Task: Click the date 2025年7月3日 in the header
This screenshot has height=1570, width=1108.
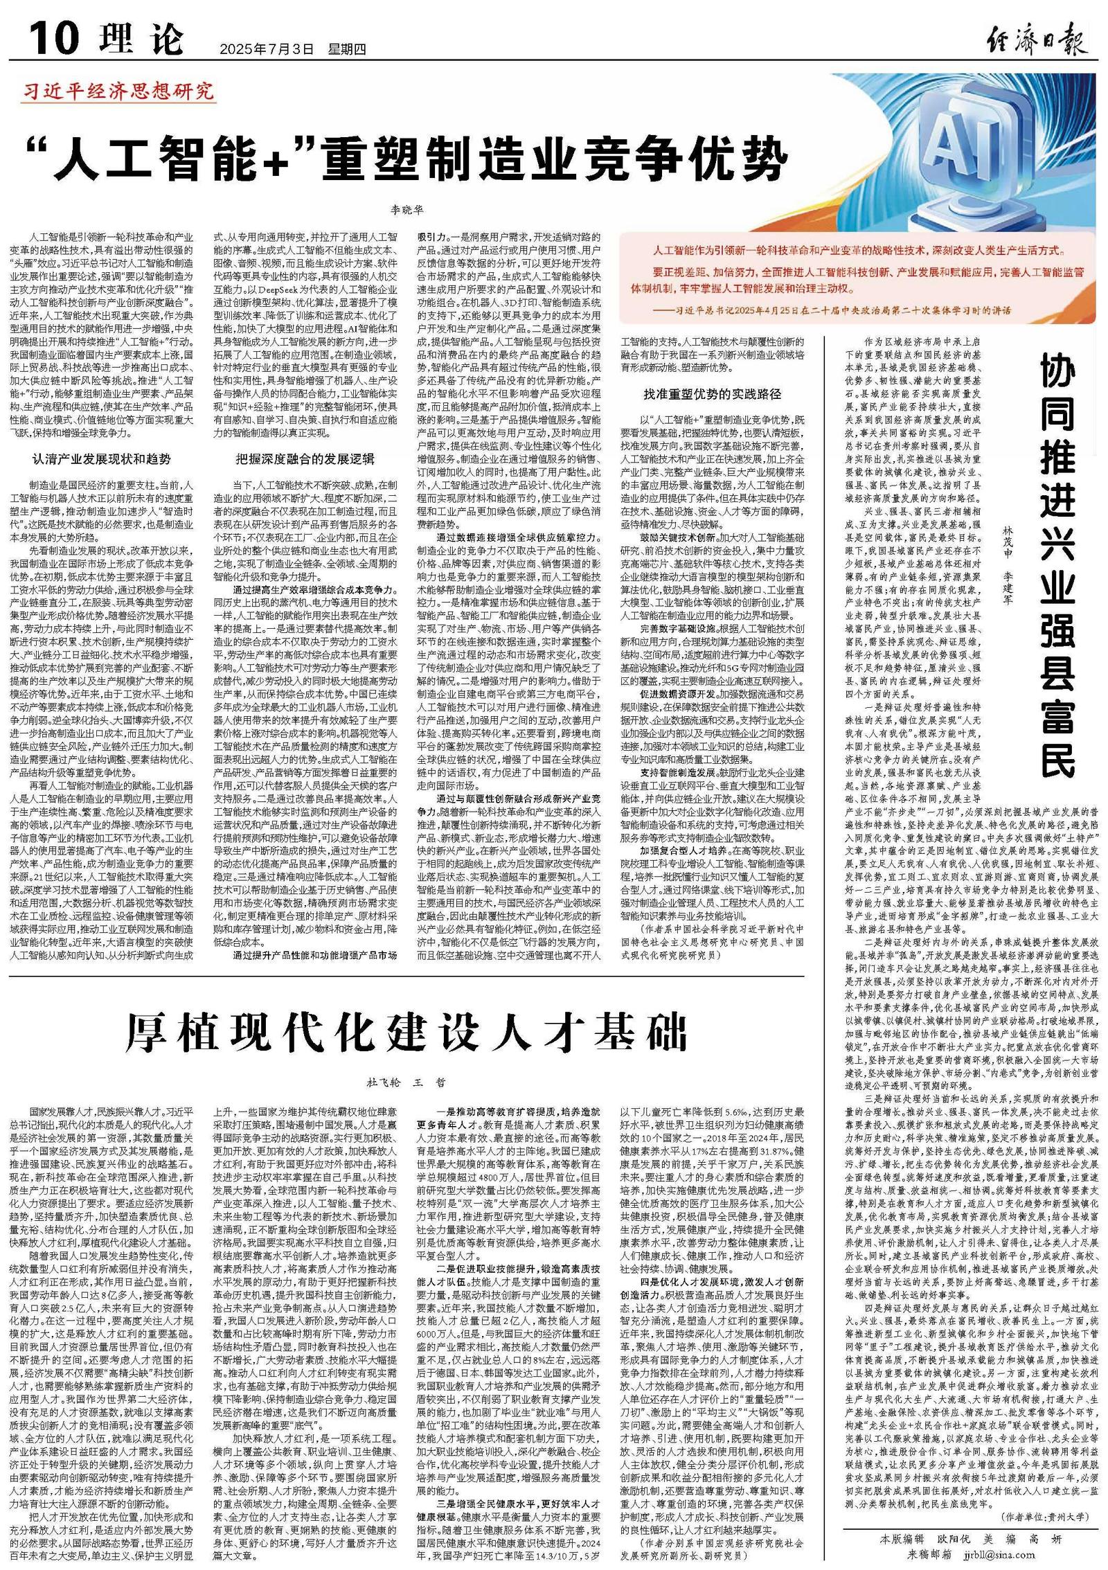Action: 267,49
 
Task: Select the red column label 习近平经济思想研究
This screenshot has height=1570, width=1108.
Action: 118,91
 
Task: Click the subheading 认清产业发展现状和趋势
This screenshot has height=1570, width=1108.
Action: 102,459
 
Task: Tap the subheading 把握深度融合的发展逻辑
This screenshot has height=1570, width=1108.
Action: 305,459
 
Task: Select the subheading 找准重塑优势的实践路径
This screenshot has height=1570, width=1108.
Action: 712,394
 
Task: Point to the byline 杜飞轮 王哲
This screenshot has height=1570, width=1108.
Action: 406,1082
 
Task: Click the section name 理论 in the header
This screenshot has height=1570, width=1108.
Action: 141,40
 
